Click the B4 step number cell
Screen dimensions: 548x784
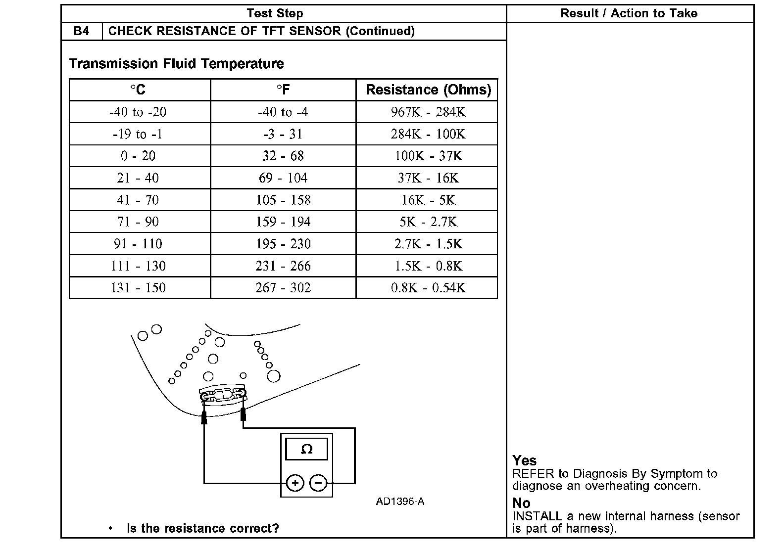tap(82, 31)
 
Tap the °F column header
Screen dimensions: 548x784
tap(283, 90)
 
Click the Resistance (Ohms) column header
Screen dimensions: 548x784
tap(428, 90)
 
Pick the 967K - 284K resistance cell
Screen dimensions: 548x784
tap(428, 112)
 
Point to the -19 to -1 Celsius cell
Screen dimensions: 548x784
tap(138, 134)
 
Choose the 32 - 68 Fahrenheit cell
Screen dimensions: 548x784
tap(283, 156)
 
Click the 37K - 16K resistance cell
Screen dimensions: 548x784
tap(428, 178)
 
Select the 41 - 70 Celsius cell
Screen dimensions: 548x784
tap(138, 200)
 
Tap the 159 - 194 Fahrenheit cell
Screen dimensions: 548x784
tap(283, 222)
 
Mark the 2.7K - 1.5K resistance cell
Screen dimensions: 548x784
tap(428, 244)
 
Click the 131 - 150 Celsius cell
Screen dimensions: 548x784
tap(138, 288)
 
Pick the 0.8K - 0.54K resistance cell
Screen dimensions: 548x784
tap(428, 288)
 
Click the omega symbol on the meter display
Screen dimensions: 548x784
tap(307, 449)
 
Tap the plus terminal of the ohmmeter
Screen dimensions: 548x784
tap(295, 483)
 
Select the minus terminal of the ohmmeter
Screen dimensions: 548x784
tap(319, 483)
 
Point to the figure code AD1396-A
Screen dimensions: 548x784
tap(400, 502)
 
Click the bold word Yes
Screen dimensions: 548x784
tap(524, 460)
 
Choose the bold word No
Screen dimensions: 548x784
tap(521, 503)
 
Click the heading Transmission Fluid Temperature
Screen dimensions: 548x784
tap(176, 64)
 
